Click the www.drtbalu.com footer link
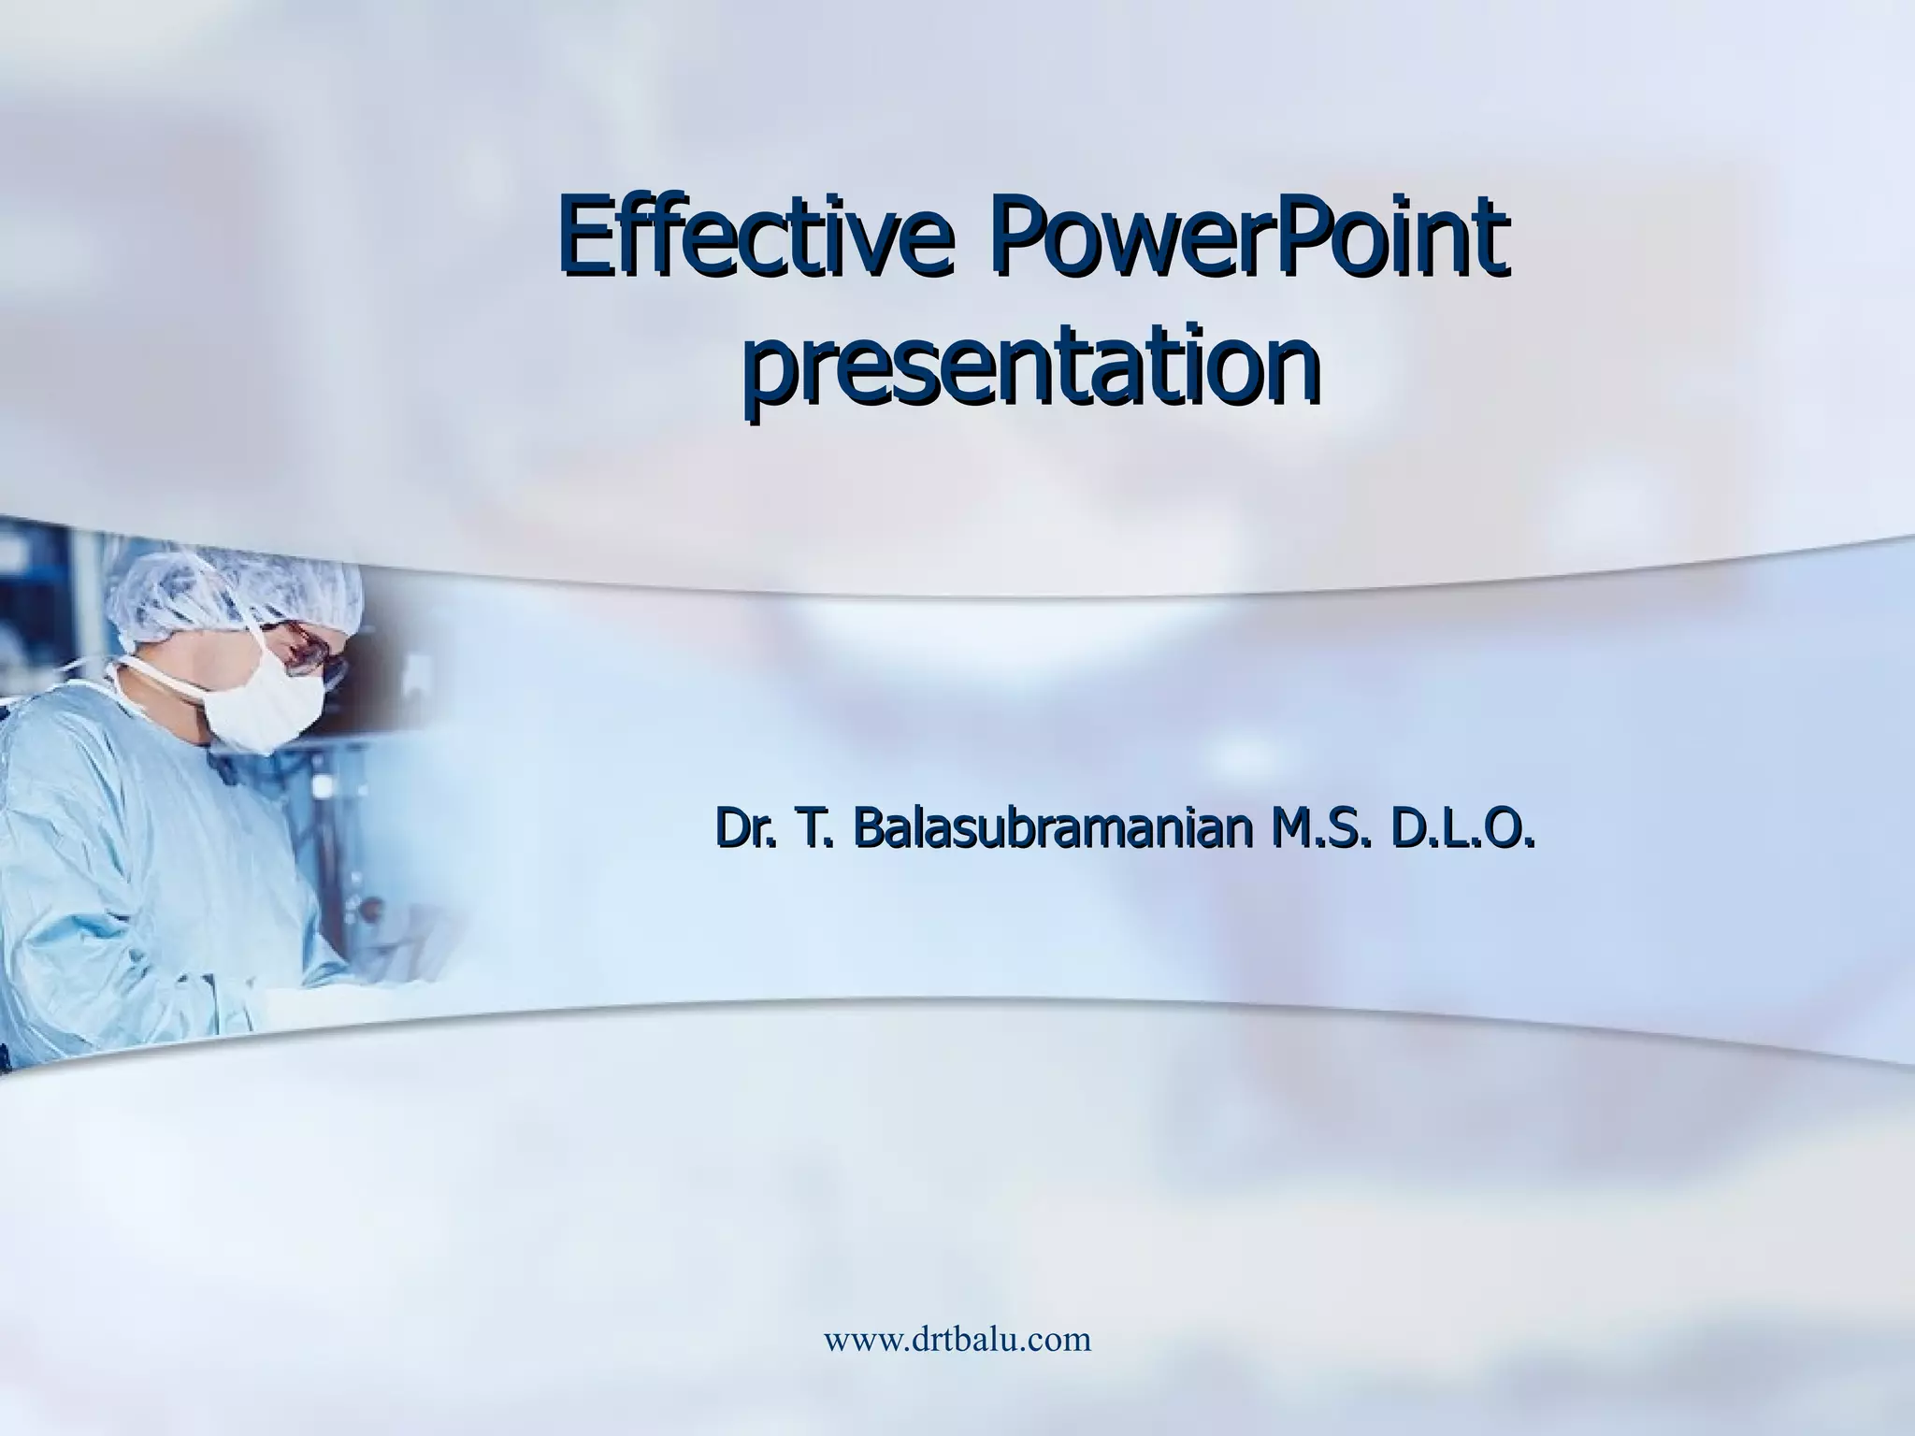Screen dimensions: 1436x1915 tap(957, 1340)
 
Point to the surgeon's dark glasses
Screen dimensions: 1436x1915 tap(313, 654)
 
